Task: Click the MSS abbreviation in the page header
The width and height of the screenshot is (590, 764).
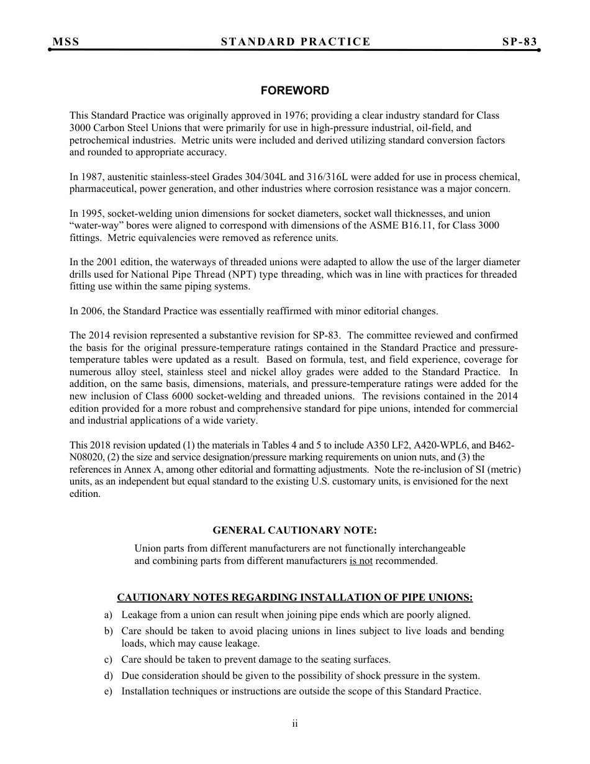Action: pyautogui.click(x=66, y=42)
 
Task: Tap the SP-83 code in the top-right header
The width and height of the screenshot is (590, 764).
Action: pyautogui.click(x=519, y=42)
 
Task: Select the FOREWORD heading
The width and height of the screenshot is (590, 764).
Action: pyautogui.click(x=294, y=91)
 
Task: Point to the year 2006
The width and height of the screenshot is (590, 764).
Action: pyautogui.click(x=93, y=311)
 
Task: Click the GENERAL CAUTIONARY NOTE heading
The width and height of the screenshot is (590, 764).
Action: pyautogui.click(x=294, y=530)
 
